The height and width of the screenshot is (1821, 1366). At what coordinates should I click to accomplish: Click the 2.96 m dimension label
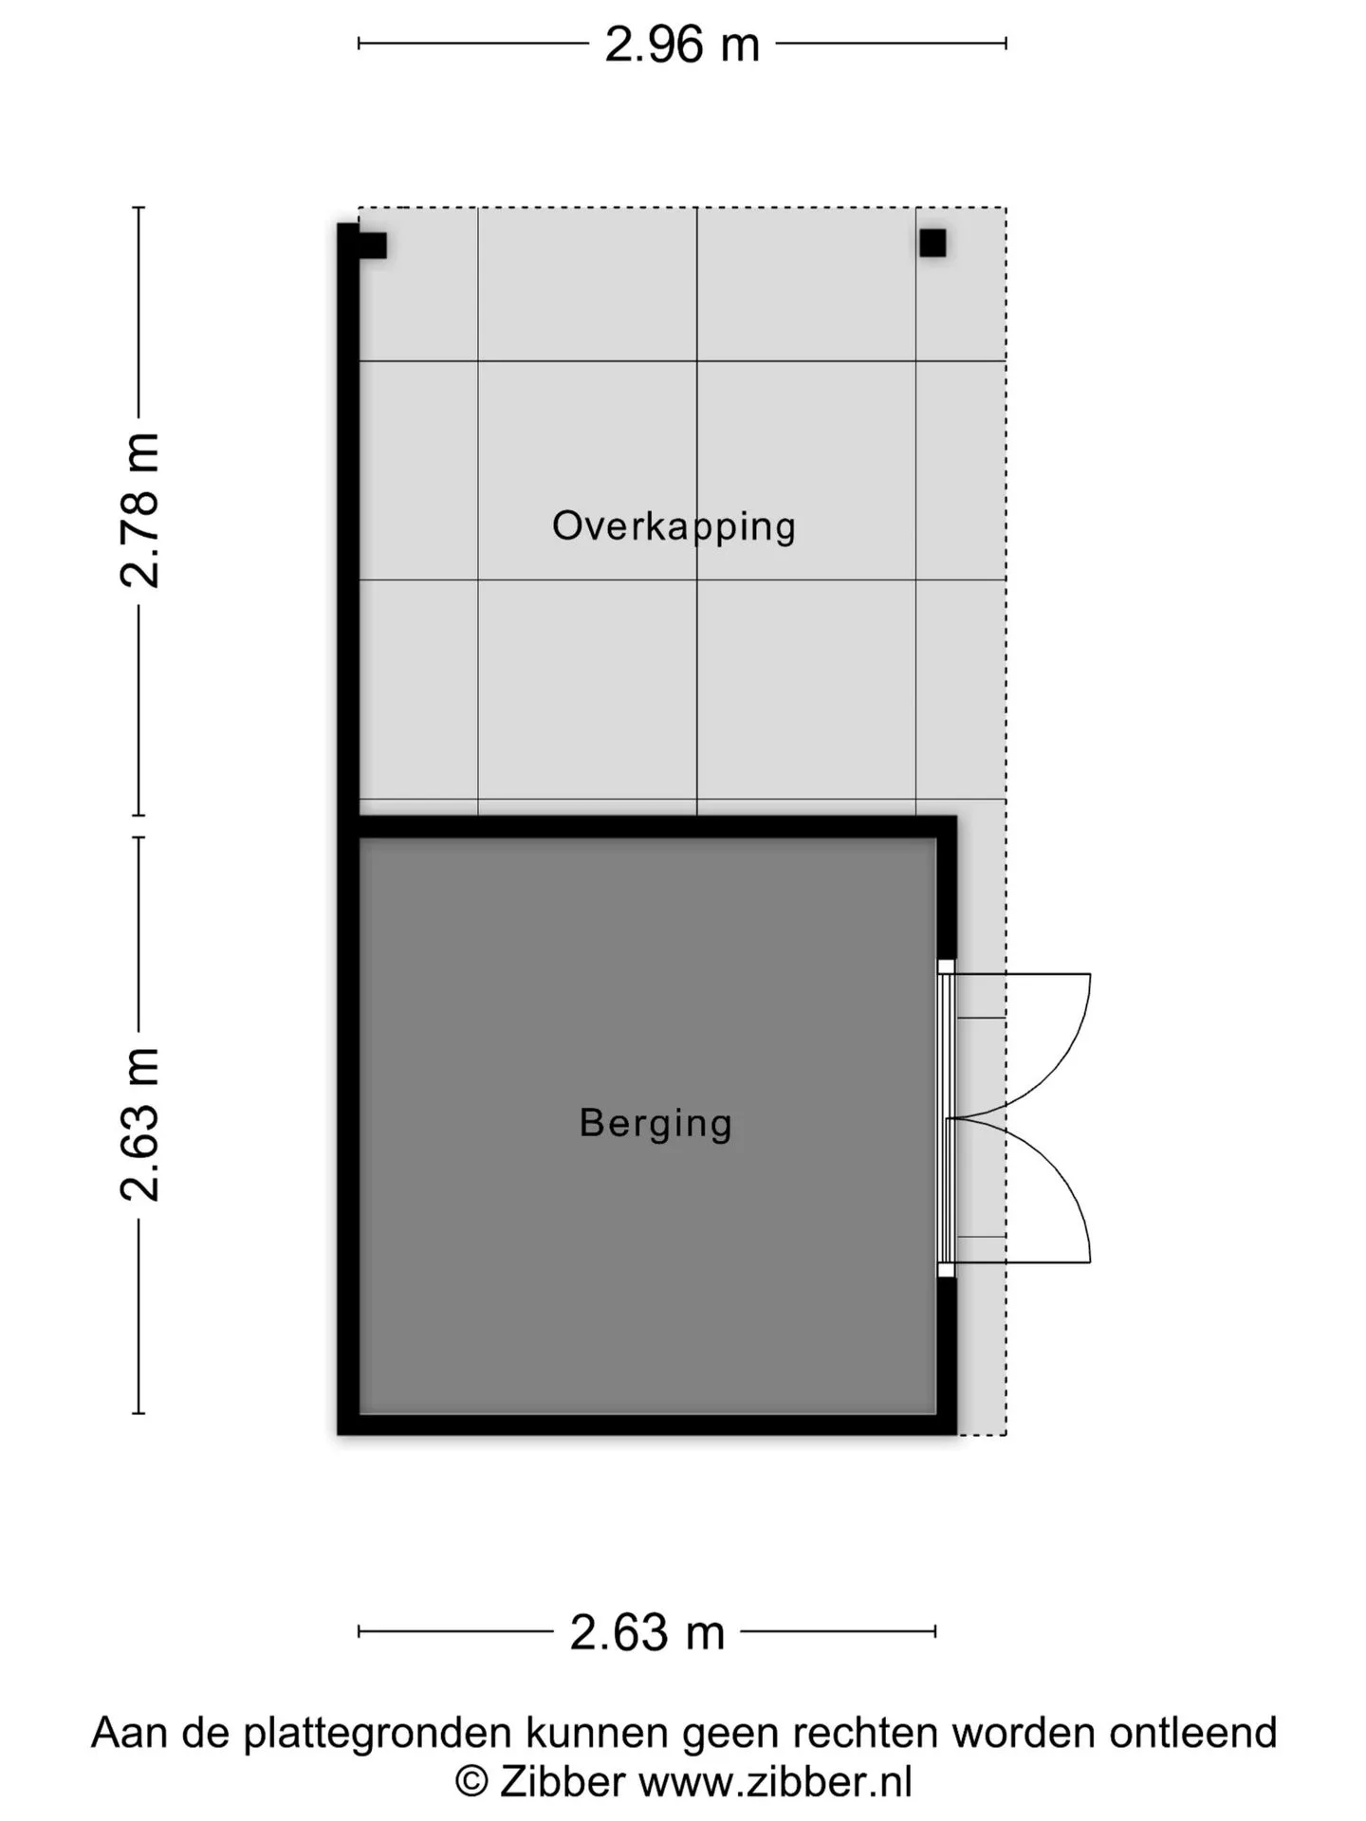coord(682,45)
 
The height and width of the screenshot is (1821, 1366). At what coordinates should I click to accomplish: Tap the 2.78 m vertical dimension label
coord(140,510)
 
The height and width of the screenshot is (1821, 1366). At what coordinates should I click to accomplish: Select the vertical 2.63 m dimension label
coord(140,1125)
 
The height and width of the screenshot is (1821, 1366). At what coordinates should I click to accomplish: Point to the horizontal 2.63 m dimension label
coord(647,1632)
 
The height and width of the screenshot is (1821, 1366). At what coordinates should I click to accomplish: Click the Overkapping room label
coord(674,526)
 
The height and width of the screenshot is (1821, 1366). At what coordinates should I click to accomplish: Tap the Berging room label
coord(655,1124)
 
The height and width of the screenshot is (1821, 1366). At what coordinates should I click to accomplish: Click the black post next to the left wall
coord(373,246)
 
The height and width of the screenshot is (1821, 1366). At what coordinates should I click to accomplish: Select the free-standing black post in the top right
coord(932,244)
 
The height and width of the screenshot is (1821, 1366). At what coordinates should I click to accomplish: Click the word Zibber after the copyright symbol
coord(563,1782)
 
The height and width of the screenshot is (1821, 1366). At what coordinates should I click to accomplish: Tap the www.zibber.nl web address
coord(775,1782)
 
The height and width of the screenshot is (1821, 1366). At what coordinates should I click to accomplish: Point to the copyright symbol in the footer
coord(471,1783)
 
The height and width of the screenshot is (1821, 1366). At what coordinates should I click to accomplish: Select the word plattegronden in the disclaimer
coord(378,1734)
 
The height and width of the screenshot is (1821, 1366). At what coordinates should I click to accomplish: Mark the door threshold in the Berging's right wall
coord(946,1118)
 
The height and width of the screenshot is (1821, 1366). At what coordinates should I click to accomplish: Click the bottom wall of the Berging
coord(647,1425)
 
